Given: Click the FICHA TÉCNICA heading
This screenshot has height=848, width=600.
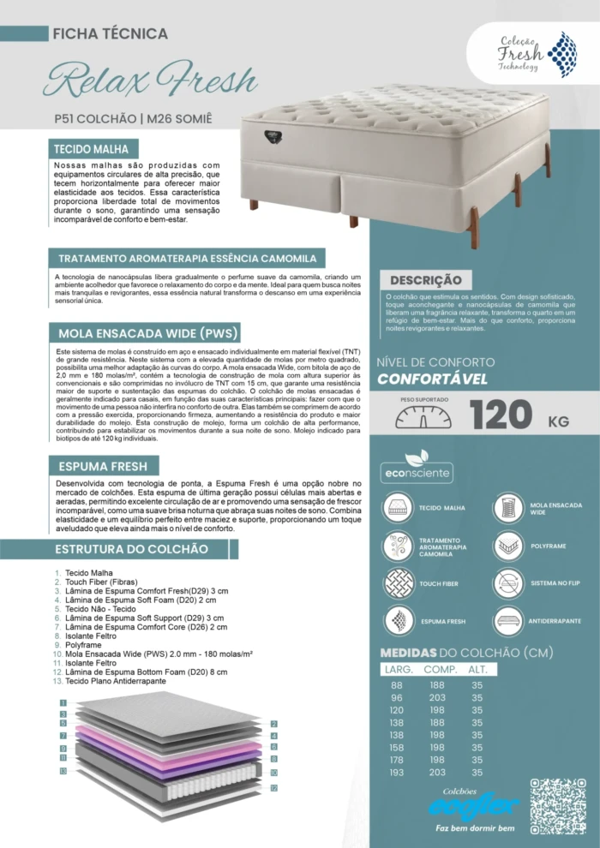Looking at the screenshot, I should pyautogui.click(x=110, y=34).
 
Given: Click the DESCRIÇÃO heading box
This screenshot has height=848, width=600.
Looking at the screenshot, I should pyautogui.click(x=425, y=280).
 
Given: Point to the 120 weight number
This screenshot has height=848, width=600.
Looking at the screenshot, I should pyautogui.click(x=501, y=415).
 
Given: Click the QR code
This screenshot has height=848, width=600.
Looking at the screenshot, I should pyautogui.click(x=557, y=806).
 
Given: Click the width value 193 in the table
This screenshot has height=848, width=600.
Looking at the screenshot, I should pyautogui.click(x=396, y=772).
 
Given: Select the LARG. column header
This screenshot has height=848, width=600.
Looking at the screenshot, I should pyautogui.click(x=399, y=669).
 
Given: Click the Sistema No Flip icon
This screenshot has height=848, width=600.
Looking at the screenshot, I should pyautogui.click(x=508, y=582).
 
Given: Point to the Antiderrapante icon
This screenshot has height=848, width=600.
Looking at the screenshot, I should pyautogui.click(x=508, y=620).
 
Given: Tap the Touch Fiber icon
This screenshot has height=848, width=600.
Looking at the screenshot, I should pyautogui.click(x=399, y=583).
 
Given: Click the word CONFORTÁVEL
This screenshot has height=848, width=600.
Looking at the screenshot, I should pyautogui.click(x=432, y=379).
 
